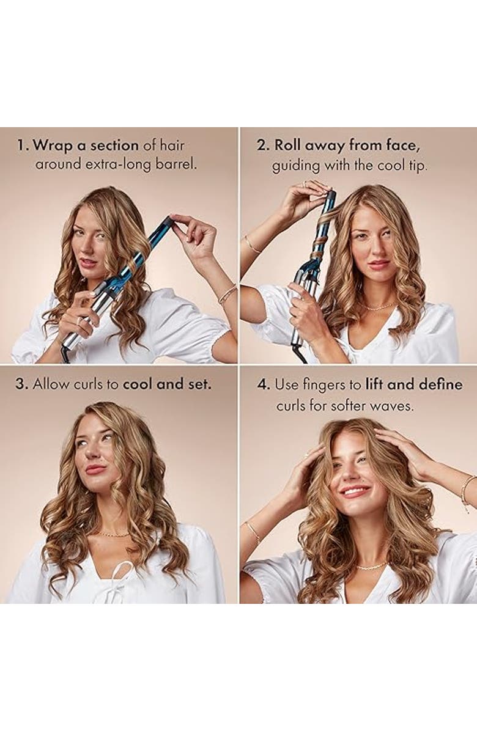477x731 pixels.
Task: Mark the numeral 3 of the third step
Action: coord(21,384)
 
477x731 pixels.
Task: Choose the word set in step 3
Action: coord(199,384)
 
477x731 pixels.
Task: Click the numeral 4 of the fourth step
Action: coord(262,385)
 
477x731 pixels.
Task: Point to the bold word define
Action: coord(440,385)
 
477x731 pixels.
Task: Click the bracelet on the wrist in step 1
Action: coord(227,294)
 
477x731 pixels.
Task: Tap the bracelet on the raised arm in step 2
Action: coord(251,244)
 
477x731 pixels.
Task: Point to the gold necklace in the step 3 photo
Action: coord(113,534)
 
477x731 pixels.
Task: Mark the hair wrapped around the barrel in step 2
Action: coord(319,235)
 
